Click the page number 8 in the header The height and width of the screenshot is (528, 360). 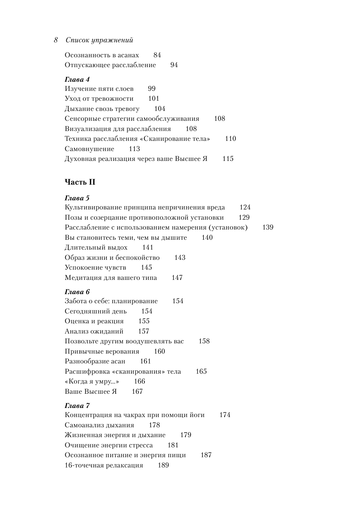[x=56, y=40]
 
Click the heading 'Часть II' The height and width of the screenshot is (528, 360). [x=80, y=182]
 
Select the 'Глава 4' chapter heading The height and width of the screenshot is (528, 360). [x=77, y=80]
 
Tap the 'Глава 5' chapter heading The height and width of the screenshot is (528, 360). [x=77, y=198]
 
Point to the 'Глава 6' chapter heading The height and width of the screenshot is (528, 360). [x=77, y=292]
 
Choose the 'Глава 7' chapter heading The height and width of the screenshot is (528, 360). [x=77, y=406]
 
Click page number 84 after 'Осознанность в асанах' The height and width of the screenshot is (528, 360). [x=157, y=55]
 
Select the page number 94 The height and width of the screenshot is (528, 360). [x=174, y=65]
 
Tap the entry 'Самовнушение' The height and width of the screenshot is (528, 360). [x=89, y=149]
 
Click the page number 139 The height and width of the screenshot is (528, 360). [x=268, y=227]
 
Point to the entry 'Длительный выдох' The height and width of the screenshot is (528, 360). [x=96, y=247]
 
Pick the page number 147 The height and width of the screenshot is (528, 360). [x=177, y=278]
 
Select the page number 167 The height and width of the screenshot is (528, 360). [x=137, y=392]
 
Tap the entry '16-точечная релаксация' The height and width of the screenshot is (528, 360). [x=104, y=465]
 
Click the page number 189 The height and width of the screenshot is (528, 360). [x=163, y=465]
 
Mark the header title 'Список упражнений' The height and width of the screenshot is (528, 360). [x=99, y=40]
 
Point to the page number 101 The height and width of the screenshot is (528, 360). [x=154, y=99]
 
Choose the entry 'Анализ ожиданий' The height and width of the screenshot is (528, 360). [x=94, y=331]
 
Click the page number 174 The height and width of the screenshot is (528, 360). [x=225, y=415]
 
